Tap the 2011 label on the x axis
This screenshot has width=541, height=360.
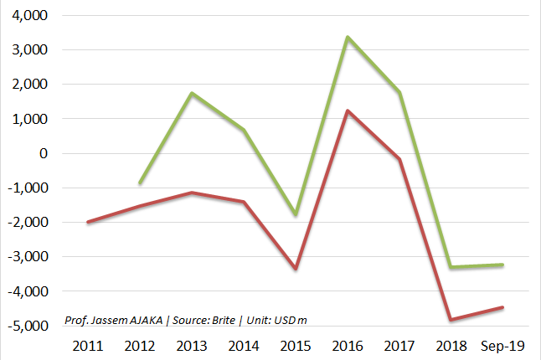(x=89, y=345)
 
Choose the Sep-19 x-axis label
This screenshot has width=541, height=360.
(x=502, y=345)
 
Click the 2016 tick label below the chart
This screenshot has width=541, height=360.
(x=348, y=345)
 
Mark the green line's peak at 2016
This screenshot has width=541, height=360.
(x=348, y=37)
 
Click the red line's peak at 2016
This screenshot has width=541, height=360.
(x=348, y=111)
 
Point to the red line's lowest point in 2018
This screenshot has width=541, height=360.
(x=451, y=320)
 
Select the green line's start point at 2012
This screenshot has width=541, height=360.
(x=140, y=183)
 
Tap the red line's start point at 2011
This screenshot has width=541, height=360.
(x=88, y=222)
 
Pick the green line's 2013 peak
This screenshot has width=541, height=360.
(x=192, y=93)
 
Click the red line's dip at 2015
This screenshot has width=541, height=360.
(x=296, y=269)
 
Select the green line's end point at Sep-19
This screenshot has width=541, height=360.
(x=502, y=265)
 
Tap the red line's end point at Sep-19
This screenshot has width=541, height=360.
(x=502, y=307)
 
